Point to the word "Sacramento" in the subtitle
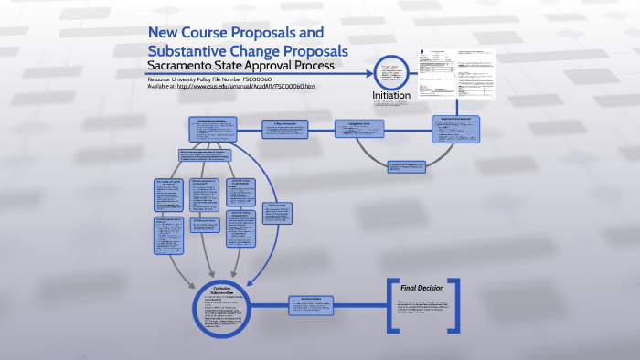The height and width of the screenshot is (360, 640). point(182,68)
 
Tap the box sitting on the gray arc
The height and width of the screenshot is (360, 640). point(407,166)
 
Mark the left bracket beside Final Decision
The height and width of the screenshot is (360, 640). point(392,305)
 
